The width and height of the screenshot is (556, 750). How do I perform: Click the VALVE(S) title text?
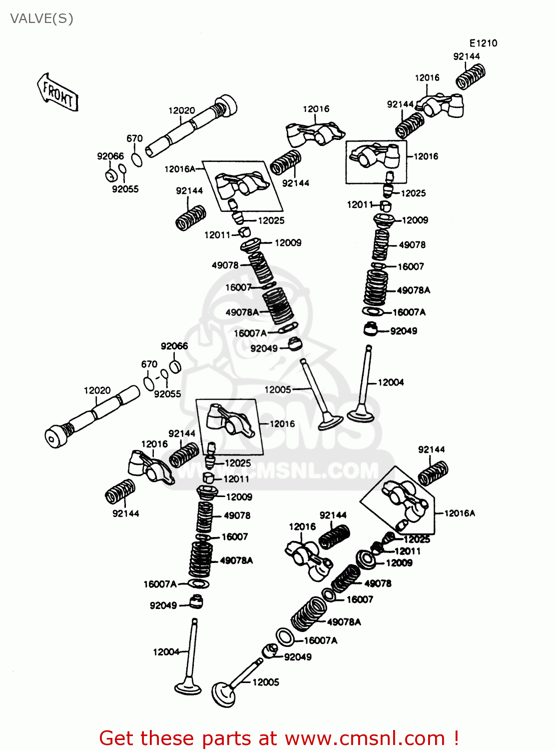[x=41, y=19]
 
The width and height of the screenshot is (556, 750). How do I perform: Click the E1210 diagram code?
[x=483, y=43]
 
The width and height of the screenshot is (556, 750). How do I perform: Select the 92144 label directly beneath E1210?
[x=466, y=56]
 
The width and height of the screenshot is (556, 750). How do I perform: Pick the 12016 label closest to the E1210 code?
[x=427, y=77]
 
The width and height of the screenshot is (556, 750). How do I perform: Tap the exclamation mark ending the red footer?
[x=455, y=738]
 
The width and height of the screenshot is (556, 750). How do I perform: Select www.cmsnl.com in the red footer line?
[x=364, y=738]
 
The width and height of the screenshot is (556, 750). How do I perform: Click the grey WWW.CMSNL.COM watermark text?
[x=280, y=471]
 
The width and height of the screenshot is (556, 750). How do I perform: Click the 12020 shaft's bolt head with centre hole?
[x=54, y=437]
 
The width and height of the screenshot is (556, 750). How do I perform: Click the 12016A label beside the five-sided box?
[x=460, y=513]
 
